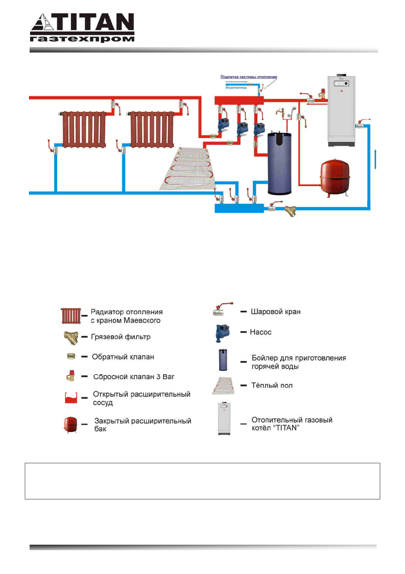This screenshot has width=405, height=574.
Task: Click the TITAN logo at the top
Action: click(82, 28)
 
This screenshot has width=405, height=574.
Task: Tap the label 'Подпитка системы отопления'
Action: click(248, 77)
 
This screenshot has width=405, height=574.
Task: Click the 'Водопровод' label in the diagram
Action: click(236, 88)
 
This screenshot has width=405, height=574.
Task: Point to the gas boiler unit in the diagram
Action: click(341, 111)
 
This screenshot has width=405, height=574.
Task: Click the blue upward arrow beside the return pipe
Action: click(375, 158)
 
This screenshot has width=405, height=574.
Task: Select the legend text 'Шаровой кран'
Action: click(276, 312)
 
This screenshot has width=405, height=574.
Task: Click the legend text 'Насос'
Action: click(261, 332)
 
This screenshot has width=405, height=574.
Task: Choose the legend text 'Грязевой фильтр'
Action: click(121, 337)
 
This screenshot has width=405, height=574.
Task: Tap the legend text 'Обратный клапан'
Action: click(123, 357)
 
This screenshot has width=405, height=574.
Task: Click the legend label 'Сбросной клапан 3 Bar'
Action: click(134, 377)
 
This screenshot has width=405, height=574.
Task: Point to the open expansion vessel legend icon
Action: click(71, 398)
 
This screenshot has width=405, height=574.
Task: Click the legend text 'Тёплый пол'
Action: click(272, 385)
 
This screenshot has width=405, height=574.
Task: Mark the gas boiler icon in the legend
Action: click(224, 419)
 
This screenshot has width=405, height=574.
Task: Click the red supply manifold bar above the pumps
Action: click(239, 100)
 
